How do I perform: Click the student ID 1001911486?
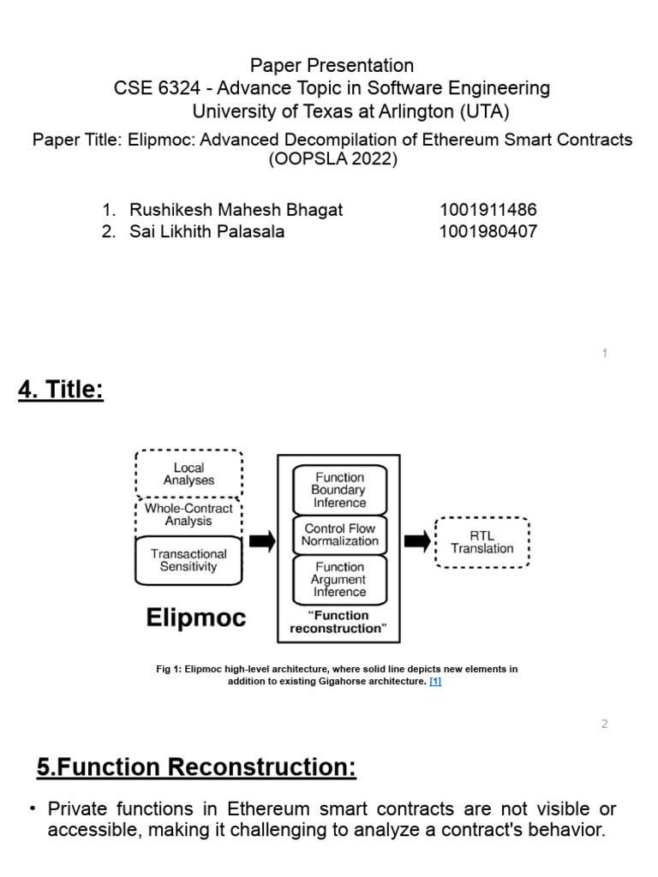click(488, 210)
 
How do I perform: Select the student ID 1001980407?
click(488, 231)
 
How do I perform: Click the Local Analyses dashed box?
click(188, 474)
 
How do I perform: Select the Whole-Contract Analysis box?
click(188, 515)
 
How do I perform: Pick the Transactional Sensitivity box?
click(188, 560)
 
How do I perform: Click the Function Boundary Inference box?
click(339, 490)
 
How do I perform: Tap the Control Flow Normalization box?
click(339, 534)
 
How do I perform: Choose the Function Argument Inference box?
click(339, 579)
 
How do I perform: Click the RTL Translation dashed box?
click(482, 542)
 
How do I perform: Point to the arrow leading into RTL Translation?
click(417, 540)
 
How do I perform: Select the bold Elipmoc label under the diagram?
click(195, 617)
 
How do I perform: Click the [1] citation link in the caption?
click(435, 682)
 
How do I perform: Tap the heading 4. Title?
click(61, 391)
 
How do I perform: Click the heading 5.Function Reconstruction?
click(196, 768)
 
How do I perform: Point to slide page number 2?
click(604, 724)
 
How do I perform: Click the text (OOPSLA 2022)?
click(332, 159)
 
